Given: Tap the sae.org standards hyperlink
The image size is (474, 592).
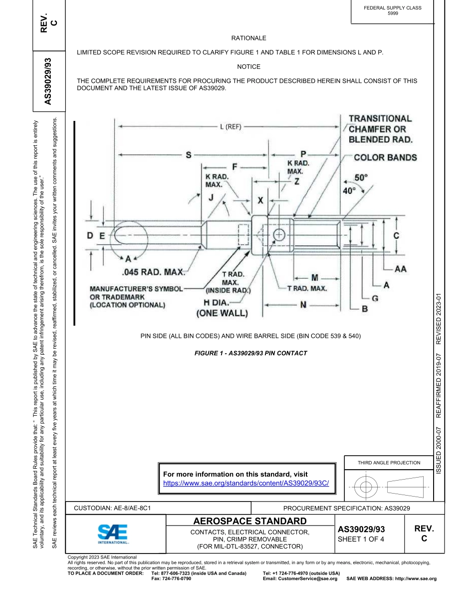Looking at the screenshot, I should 246,484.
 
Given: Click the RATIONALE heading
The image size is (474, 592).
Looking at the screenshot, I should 248,38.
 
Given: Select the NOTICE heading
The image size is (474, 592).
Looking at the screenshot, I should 248,66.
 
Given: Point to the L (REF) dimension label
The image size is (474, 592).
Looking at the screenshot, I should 231,127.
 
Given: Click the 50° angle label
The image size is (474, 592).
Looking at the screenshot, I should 361,177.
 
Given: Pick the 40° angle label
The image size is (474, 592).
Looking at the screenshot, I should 347,190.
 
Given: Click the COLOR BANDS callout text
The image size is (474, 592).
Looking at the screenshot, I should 385,158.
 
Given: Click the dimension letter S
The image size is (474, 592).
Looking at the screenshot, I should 189,155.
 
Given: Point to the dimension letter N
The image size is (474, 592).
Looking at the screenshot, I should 303,304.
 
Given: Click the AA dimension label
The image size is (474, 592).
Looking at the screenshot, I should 400,269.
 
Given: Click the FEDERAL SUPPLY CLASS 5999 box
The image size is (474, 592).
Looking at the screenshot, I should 393,10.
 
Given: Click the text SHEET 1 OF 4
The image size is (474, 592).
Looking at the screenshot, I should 361,539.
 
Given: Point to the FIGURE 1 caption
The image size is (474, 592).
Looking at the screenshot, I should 250,353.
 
